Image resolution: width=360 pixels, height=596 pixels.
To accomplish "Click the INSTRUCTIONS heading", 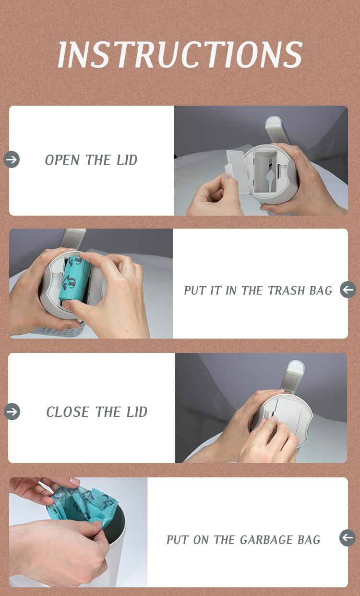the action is pos(180,54).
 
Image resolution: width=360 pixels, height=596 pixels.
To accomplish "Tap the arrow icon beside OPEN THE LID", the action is pos(12,159).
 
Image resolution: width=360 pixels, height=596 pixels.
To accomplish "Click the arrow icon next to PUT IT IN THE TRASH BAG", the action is pos(348,290).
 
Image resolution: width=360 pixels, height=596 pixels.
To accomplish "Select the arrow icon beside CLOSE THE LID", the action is pos(12,412).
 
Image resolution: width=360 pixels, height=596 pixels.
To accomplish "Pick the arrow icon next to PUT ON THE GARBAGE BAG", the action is pos(348,538).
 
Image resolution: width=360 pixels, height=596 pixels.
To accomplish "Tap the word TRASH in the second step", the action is pos(283,291).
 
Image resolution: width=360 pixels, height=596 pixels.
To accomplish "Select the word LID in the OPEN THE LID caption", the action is pos(127,160).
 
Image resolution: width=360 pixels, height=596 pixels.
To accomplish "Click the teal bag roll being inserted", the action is pos(75,278).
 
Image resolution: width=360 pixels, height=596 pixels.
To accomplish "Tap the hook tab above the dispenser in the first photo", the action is pos(275,130).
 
